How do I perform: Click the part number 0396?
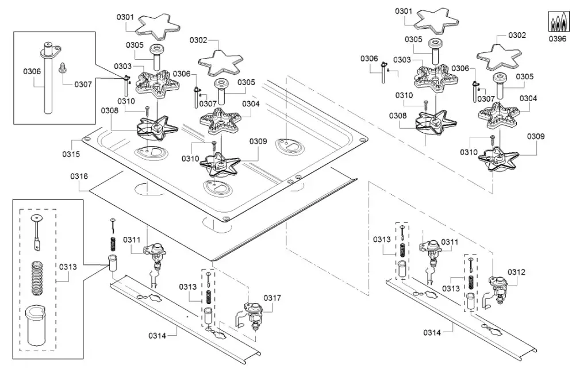point(556,39)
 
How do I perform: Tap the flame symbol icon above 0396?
point(556,22)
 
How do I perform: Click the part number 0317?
point(272,298)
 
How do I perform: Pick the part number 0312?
point(516,272)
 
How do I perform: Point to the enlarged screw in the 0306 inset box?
point(63,69)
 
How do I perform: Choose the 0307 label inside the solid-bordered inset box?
point(83,84)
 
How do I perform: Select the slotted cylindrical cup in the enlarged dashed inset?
point(38,325)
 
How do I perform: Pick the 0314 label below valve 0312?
point(435,332)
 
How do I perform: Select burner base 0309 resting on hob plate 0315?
point(221,162)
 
